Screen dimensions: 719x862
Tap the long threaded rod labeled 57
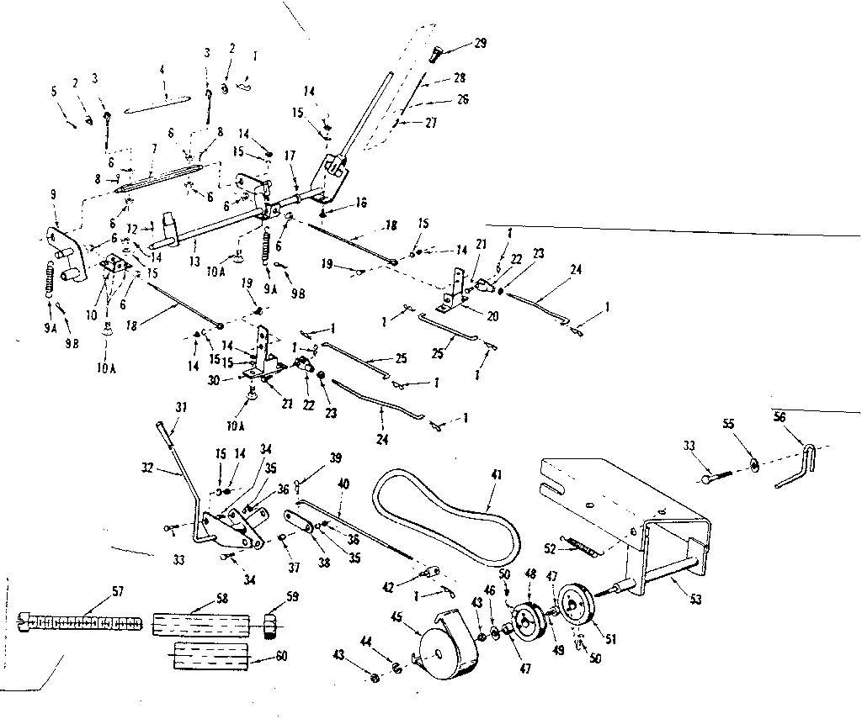(80, 623)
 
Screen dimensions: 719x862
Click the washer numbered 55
(753, 465)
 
